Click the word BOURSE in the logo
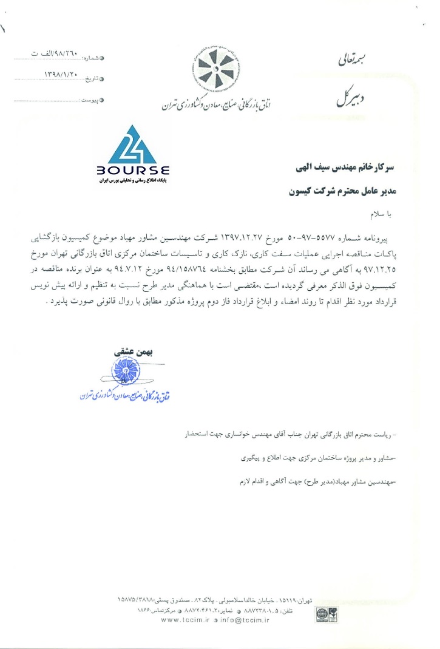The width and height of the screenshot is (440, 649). tap(132, 171)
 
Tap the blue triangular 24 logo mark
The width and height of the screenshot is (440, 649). tap(132, 146)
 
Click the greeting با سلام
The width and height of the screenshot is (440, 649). tap(381, 214)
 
